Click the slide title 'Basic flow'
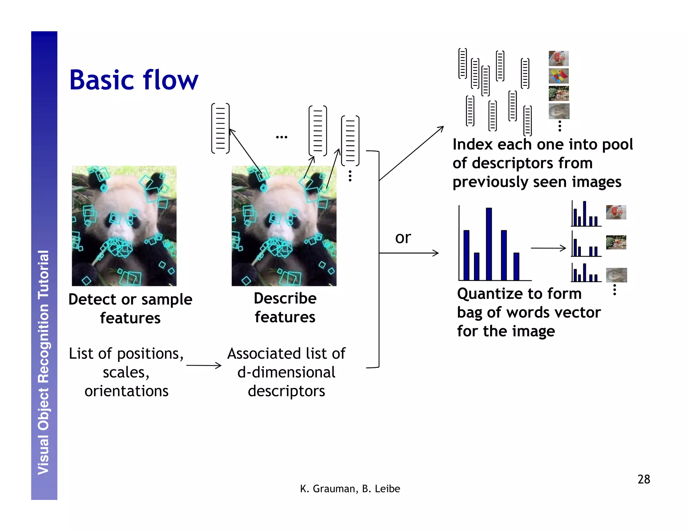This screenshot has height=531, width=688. [x=134, y=81]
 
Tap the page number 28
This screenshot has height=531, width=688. [x=643, y=479]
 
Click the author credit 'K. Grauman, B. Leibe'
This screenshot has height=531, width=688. [x=350, y=489]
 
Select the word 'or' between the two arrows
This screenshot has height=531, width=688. [x=403, y=238]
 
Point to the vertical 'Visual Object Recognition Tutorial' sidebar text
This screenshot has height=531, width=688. [x=44, y=363]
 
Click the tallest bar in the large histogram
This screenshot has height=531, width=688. [x=489, y=244]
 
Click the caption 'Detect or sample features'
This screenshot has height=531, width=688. [x=130, y=308]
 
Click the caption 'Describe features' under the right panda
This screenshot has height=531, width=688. [x=285, y=307]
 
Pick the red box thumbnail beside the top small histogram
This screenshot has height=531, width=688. [x=616, y=212]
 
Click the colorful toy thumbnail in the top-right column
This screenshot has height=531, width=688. [x=558, y=76]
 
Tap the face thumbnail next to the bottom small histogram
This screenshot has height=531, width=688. [x=616, y=275]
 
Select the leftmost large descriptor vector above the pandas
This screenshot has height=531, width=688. [x=220, y=129]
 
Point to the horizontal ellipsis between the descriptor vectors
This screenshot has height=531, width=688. [x=282, y=137]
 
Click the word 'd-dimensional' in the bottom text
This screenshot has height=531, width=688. [x=286, y=372]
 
